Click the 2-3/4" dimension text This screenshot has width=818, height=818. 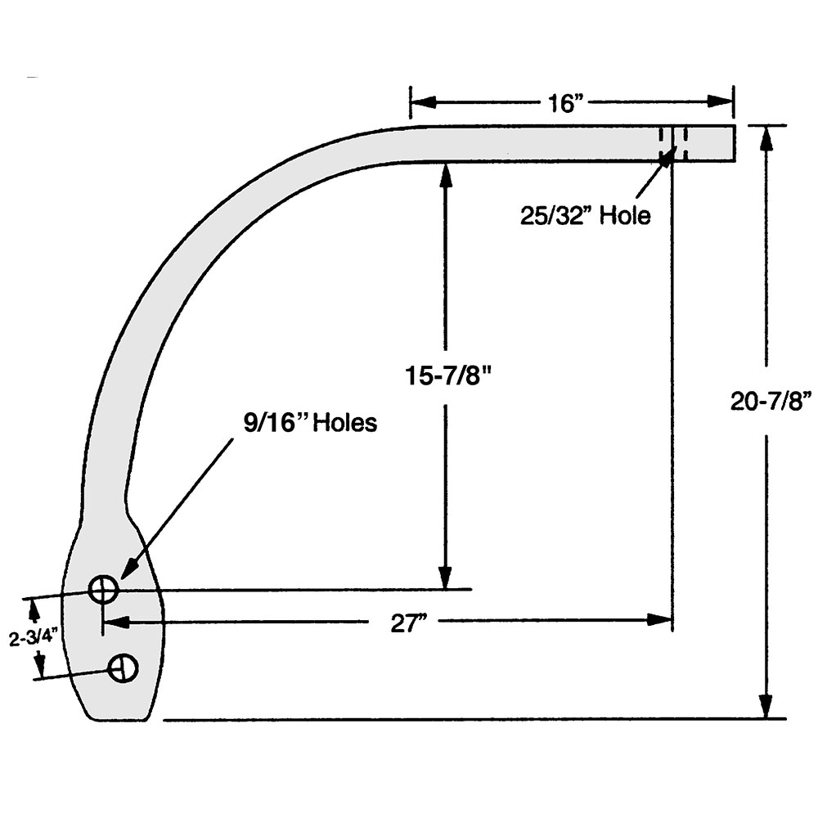[x=34, y=639]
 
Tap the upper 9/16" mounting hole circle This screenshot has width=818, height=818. [x=104, y=588]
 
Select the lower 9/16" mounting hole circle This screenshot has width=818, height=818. [x=124, y=667]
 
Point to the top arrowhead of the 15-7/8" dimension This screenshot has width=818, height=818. [x=446, y=173]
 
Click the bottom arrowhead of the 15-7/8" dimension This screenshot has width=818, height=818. [x=446, y=578]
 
